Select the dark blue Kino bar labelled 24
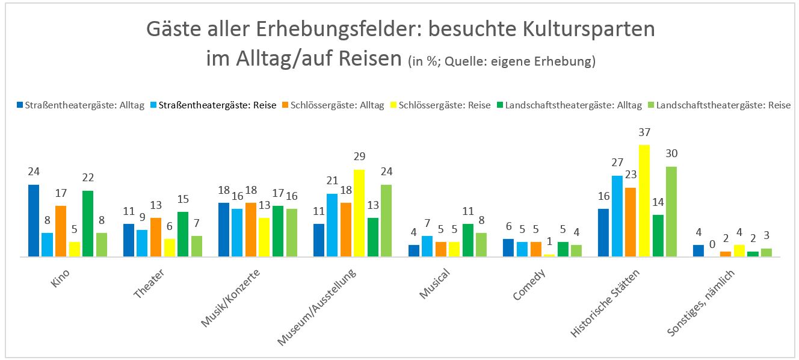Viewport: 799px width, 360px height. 34,221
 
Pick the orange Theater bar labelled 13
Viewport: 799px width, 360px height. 155,237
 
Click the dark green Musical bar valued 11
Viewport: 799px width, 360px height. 468,240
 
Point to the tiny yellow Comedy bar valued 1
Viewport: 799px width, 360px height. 549,255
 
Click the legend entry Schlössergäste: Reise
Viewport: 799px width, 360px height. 445,105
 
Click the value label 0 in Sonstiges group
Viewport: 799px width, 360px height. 712,245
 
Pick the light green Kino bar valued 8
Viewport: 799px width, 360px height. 102,244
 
